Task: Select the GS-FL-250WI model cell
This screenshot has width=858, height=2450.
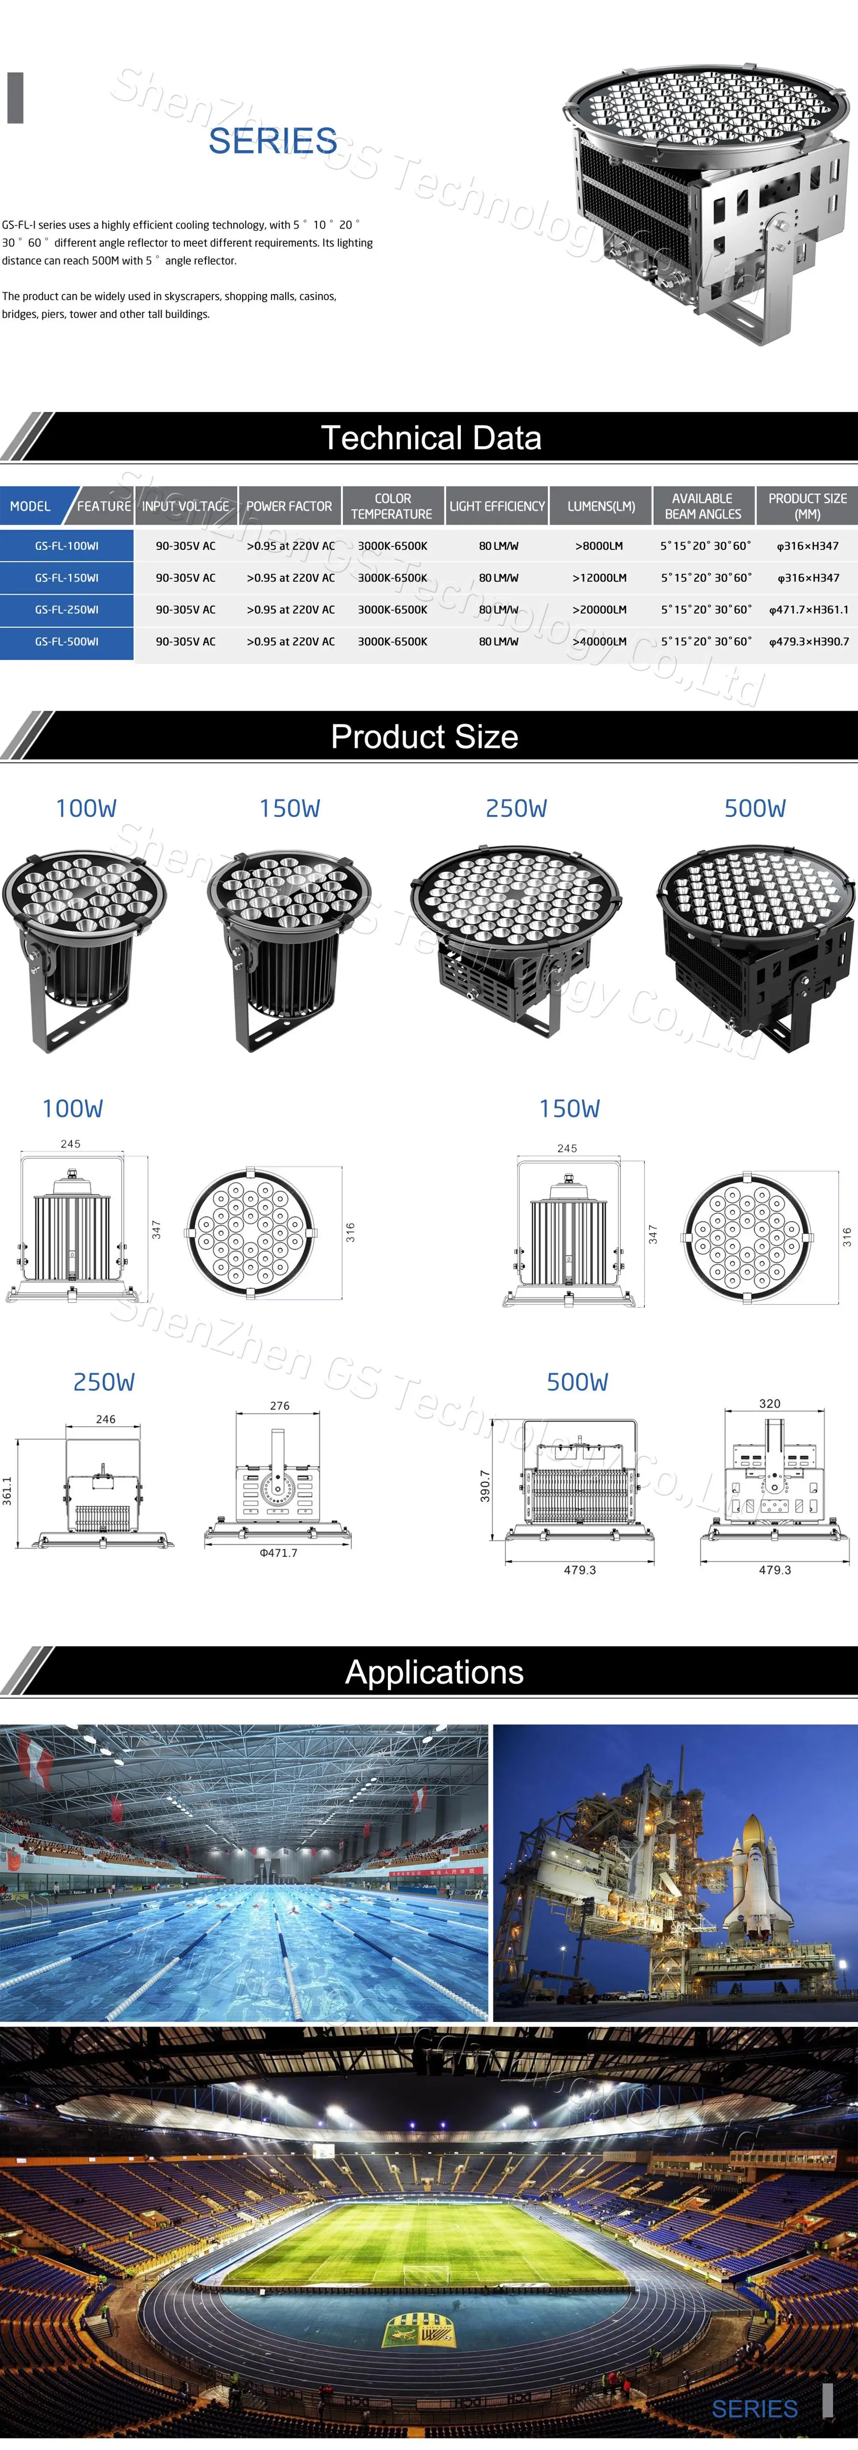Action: tap(66, 610)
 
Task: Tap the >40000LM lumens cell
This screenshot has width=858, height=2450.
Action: tap(599, 642)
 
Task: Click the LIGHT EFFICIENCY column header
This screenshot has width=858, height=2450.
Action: tap(496, 506)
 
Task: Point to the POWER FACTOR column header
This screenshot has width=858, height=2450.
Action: tap(289, 506)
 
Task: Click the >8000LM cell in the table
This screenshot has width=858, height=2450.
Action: tap(599, 546)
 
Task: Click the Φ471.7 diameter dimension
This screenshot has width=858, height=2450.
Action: tap(279, 1553)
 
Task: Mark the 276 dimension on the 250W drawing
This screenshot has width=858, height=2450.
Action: tap(280, 1406)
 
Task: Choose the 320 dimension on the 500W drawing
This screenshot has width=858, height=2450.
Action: tap(770, 1404)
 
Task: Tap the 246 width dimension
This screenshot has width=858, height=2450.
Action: tap(106, 1419)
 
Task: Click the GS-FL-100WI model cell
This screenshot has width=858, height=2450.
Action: tap(66, 546)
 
